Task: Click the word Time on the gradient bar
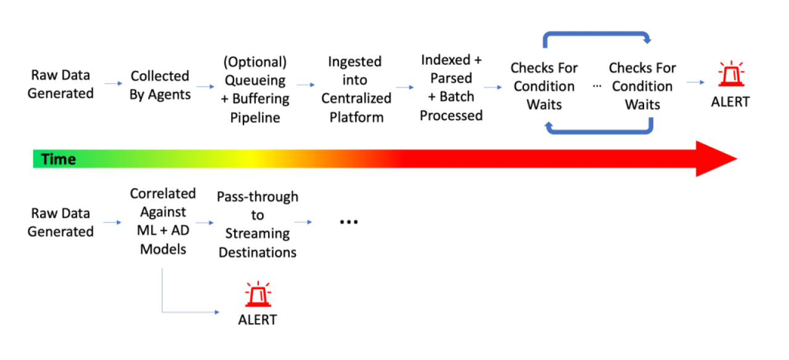[x=59, y=160]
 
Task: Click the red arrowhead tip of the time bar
[x=735, y=159]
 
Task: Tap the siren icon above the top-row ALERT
[x=730, y=75]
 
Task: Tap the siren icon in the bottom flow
[x=258, y=294]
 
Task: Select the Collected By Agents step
[x=160, y=85]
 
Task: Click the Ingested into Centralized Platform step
[x=356, y=89]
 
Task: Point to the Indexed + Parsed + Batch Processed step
[x=451, y=88]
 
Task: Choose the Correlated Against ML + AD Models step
[x=162, y=221]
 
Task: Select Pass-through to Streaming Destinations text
[x=257, y=224]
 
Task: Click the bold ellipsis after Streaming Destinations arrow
[x=349, y=222]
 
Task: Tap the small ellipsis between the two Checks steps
[x=597, y=86]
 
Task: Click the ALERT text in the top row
[x=730, y=102]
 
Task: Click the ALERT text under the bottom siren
[x=258, y=320]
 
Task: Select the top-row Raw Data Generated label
[x=60, y=84]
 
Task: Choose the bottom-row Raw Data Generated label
[x=60, y=223]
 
